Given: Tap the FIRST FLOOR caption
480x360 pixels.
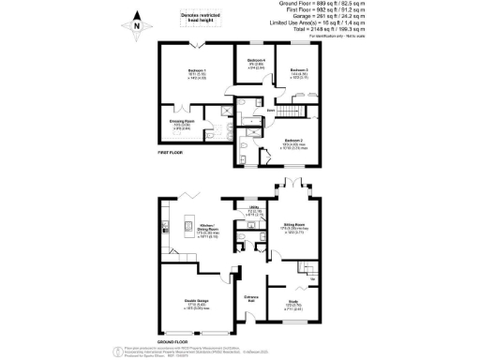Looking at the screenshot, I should [x=172, y=152].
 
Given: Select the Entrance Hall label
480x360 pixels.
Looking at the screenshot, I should [x=250, y=298].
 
